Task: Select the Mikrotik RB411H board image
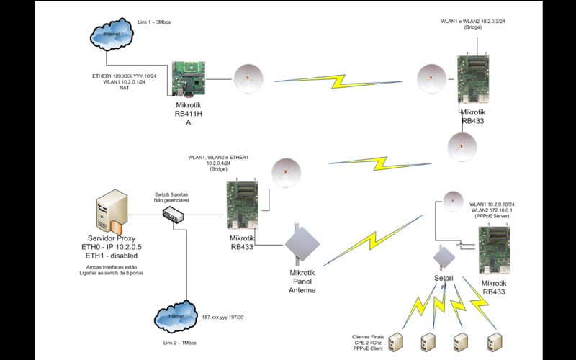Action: click(189, 76)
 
